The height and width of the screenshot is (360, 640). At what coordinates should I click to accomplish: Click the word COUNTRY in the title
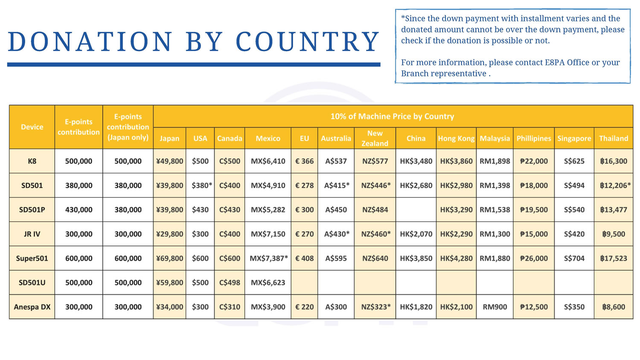pos(308,42)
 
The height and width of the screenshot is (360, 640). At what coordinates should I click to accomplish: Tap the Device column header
pos(32,127)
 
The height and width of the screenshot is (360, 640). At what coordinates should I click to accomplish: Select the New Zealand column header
pos(375,138)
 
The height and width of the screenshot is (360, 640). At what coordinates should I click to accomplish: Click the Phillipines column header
pos(534,138)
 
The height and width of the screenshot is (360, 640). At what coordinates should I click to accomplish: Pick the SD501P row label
pos(32,210)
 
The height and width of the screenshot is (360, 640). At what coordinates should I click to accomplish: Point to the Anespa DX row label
pos(32,307)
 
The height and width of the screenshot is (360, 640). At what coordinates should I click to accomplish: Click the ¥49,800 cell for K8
pos(169,161)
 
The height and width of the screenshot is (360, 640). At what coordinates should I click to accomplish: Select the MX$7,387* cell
pos(268,258)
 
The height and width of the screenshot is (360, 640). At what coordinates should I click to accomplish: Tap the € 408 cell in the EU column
pos(304,258)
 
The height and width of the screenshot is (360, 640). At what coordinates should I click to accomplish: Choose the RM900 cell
pos(495,307)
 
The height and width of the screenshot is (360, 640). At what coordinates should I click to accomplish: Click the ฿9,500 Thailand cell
pos(614,234)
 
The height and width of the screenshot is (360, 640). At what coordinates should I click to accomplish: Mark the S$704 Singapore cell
pos(574,258)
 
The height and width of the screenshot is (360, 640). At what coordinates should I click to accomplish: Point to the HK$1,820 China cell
pos(416,307)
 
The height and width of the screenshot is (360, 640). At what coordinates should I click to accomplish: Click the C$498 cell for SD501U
pos(230,282)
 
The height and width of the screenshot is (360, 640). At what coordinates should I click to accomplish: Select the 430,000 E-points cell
pos(79,210)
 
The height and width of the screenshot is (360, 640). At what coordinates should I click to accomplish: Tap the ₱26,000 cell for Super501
pos(534,258)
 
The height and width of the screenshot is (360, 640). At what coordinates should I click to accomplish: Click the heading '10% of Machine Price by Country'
pos(392,116)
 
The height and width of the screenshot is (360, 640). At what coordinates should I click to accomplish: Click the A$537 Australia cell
pos(336,161)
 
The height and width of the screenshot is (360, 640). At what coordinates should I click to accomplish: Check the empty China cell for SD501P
pos(416,210)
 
